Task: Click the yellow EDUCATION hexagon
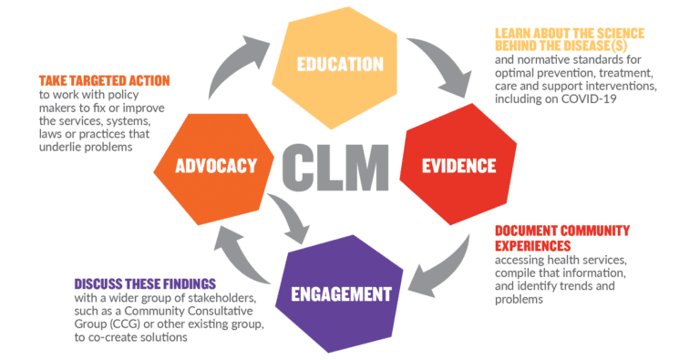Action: coord(339,65)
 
